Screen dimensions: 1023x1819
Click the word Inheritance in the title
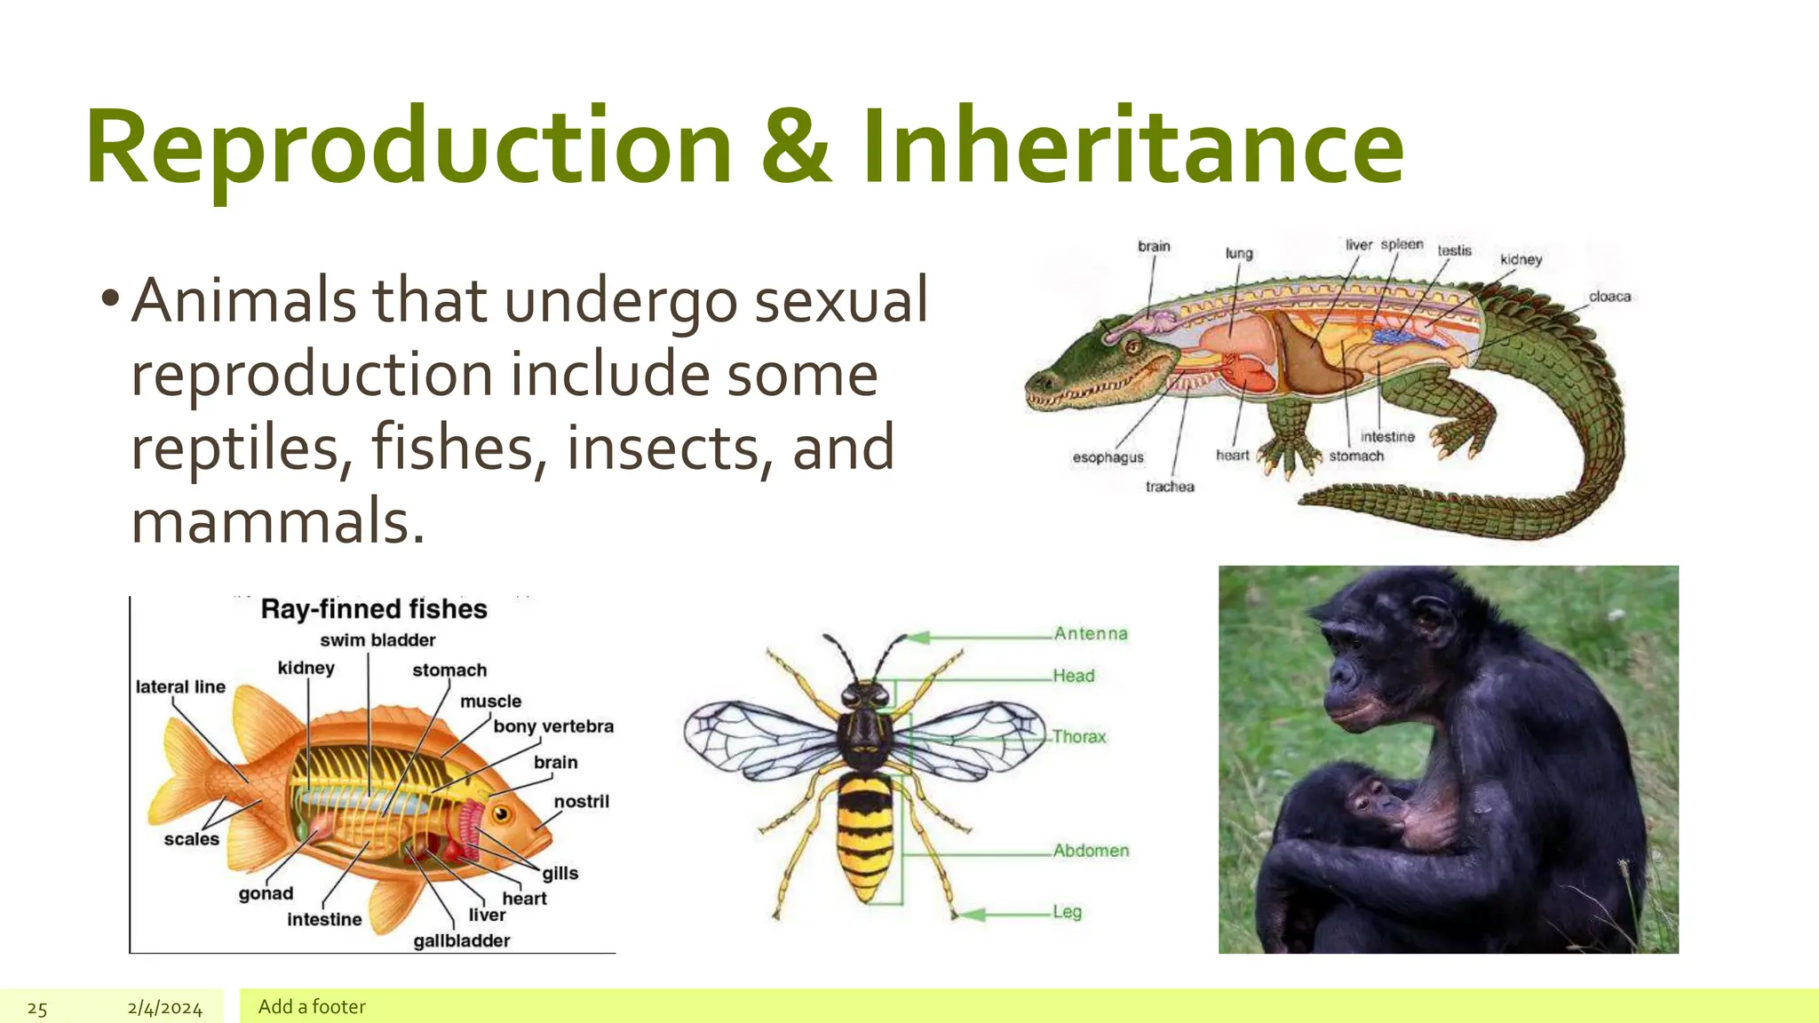[1132, 147]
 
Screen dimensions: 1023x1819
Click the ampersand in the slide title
[797, 147]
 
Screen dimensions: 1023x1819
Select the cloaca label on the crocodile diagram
[1609, 297]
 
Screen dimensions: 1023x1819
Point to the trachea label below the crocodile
[1170, 487]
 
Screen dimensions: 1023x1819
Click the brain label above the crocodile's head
[1154, 246]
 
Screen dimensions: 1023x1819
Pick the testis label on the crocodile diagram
[1454, 250]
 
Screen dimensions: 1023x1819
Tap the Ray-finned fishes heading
[374, 609]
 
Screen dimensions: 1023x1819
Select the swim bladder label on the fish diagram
[377, 640]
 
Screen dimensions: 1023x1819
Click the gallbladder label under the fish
[461, 940]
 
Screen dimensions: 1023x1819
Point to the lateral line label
[180, 686]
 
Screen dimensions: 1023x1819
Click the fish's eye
[501, 813]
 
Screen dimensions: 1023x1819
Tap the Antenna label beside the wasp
[1090, 633]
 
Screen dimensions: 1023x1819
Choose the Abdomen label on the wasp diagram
[1091, 851]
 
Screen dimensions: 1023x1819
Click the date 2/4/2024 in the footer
[164, 1008]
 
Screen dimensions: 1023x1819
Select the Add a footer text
[312, 1006]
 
